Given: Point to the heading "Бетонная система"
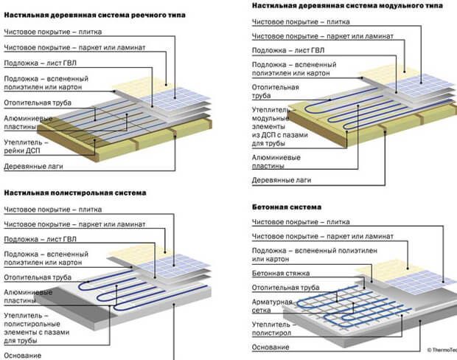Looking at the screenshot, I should [x=286, y=207].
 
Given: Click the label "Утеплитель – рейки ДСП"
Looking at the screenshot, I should [x=25, y=146].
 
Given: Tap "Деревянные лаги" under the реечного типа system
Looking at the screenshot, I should [x=34, y=167].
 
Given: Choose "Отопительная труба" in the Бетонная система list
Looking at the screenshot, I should [x=287, y=288].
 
